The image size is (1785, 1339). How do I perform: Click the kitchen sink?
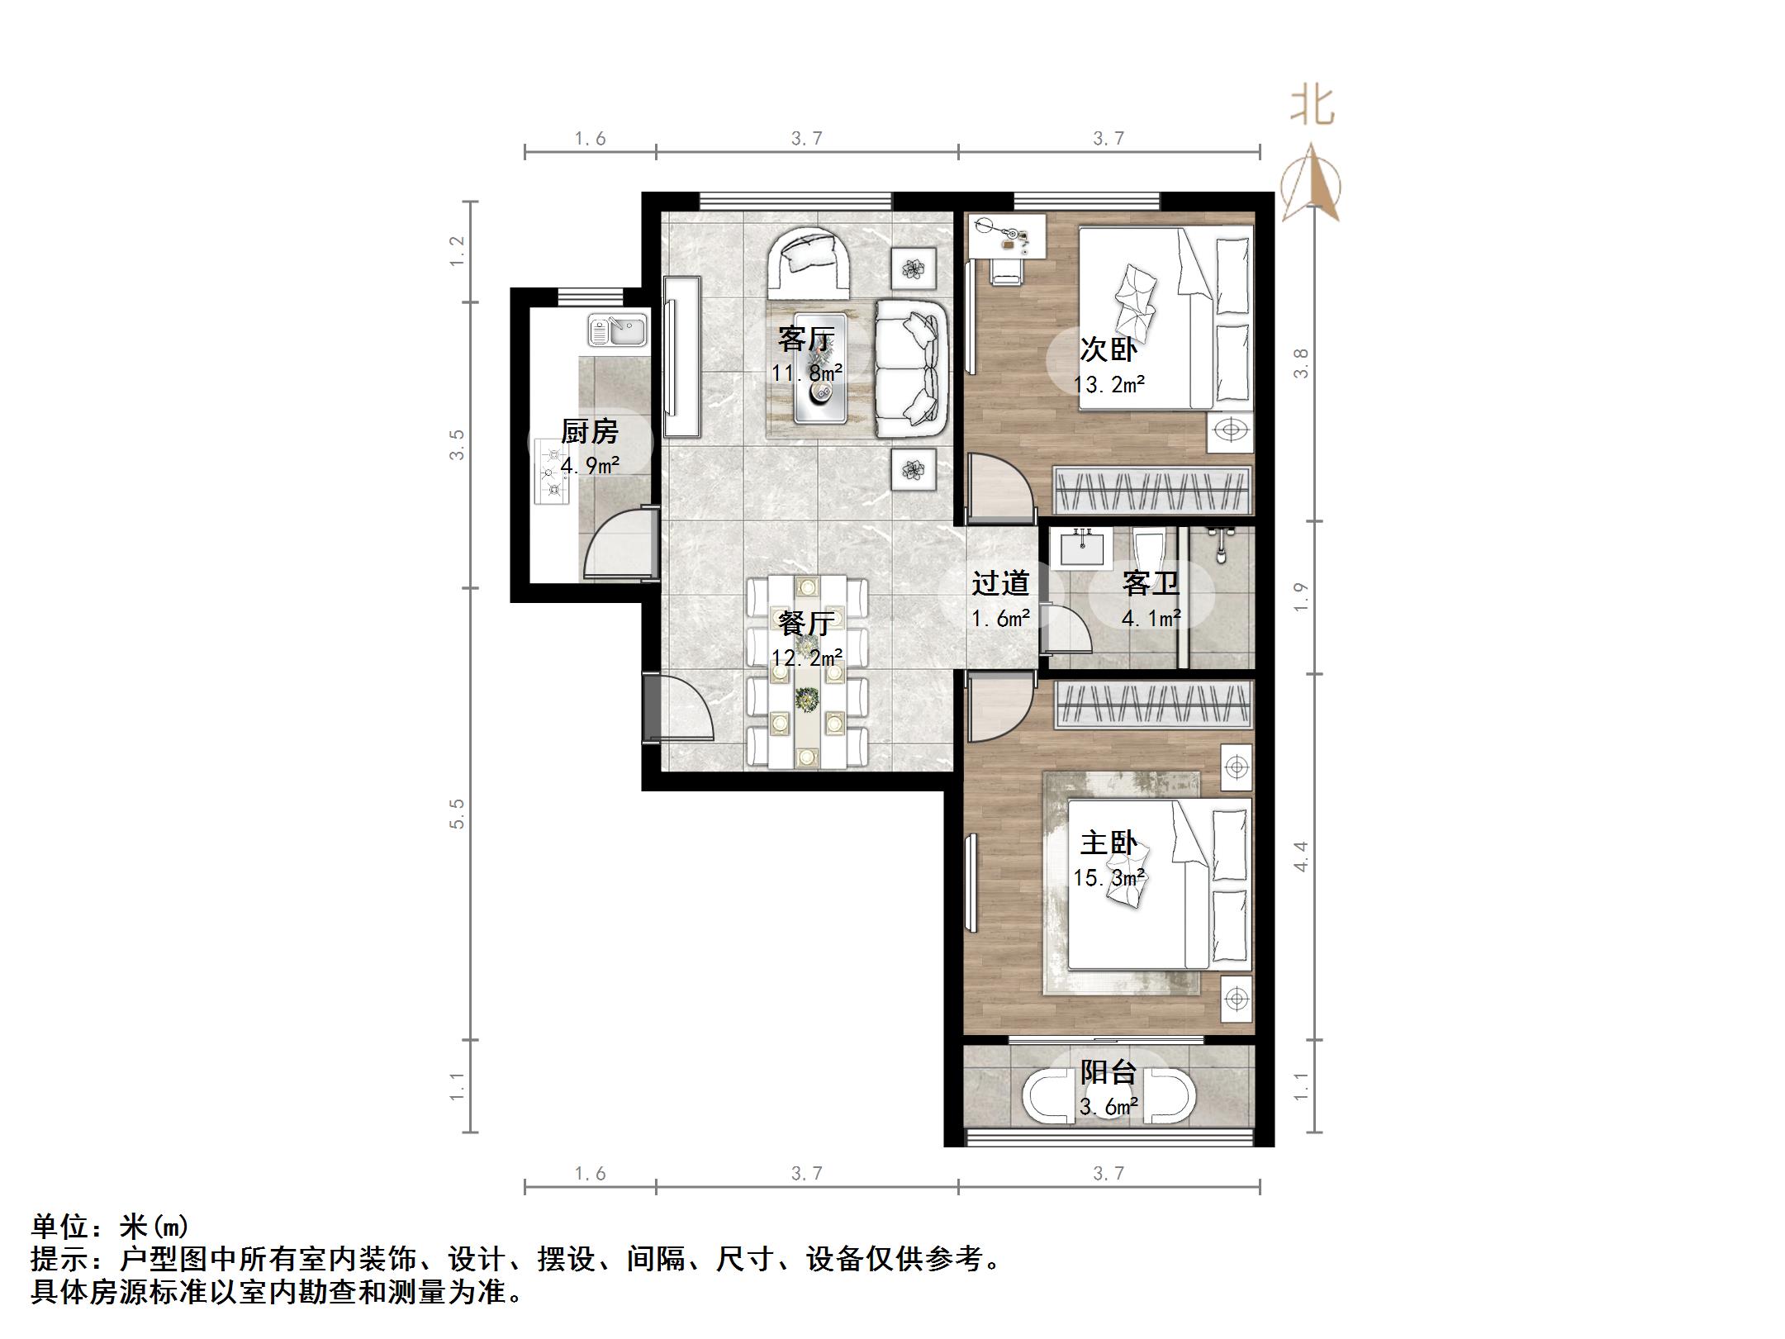[x=618, y=330]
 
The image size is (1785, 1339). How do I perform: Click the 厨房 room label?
[x=589, y=432]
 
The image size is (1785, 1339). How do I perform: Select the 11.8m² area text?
[x=807, y=373]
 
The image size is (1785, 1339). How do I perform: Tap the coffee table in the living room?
[x=819, y=368]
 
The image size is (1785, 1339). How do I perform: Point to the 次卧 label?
[x=1109, y=349]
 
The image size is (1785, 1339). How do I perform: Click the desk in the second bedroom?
[x=1006, y=235]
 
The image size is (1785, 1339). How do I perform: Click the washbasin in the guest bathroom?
[x=1081, y=547]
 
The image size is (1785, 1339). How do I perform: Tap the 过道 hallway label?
[x=1000, y=583]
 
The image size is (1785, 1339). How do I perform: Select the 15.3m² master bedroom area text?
[x=1109, y=877]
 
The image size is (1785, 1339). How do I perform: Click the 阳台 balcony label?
[x=1109, y=1072]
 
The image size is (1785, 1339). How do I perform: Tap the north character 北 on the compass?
[x=1312, y=107]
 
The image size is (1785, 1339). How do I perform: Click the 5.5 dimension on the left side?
[x=457, y=813]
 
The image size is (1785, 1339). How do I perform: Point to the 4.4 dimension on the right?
[x=1301, y=856]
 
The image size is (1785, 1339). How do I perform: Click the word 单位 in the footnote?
[x=60, y=1226]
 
